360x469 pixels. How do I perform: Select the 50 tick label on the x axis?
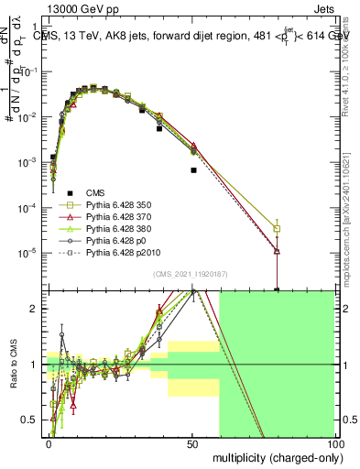coord(192,442)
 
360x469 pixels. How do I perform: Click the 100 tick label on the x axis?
coord(334,442)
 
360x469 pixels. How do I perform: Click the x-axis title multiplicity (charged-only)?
coord(274,457)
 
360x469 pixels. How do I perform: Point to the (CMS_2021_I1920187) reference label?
coord(191,274)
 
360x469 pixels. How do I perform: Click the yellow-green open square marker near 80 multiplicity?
coord(277,229)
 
